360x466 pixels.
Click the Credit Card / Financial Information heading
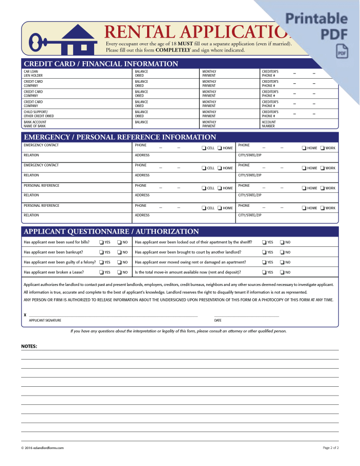coord(101,64)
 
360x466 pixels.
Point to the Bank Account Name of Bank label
coord(34,124)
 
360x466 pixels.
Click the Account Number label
coord(269,124)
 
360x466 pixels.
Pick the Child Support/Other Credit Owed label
coord(39,114)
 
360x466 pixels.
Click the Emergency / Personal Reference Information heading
coord(120,137)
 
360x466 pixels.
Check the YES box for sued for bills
coord(101,242)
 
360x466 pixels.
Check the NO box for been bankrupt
coord(119,253)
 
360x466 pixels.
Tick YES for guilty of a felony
coord(101,262)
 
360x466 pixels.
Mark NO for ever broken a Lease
coord(119,273)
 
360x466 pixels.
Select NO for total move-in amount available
coord(282,273)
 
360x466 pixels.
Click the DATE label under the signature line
coord(218,320)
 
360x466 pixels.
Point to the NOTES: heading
coord(29,347)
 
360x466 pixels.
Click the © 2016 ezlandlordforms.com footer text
coord(42,448)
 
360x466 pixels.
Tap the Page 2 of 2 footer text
coord(331,448)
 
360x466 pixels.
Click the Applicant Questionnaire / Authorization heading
coord(111,231)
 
